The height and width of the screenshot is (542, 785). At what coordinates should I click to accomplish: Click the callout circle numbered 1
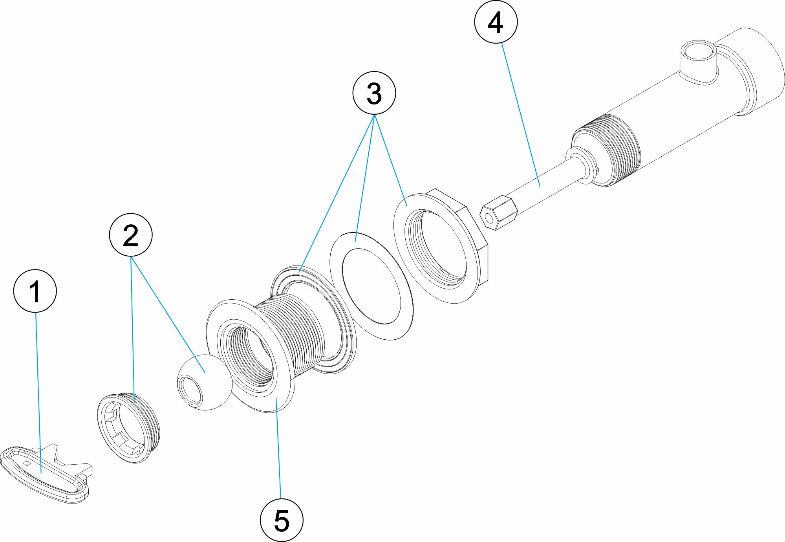click(35, 291)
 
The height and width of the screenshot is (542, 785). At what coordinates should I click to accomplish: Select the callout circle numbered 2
click(131, 235)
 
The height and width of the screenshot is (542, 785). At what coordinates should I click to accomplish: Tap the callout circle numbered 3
click(374, 93)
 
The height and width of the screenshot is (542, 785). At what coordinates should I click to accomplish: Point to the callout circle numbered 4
click(496, 22)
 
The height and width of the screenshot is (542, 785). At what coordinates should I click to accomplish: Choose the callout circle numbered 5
click(282, 520)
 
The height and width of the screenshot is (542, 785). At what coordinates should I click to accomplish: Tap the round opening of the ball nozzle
click(189, 390)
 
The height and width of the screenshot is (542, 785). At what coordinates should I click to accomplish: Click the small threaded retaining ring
click(128, 427)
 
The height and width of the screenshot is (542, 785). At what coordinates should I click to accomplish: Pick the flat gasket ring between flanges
click(371, 287)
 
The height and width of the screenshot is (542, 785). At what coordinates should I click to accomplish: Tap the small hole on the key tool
click(26, 463)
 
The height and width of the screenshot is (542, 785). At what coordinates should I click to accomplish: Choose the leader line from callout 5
click(279, 448)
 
